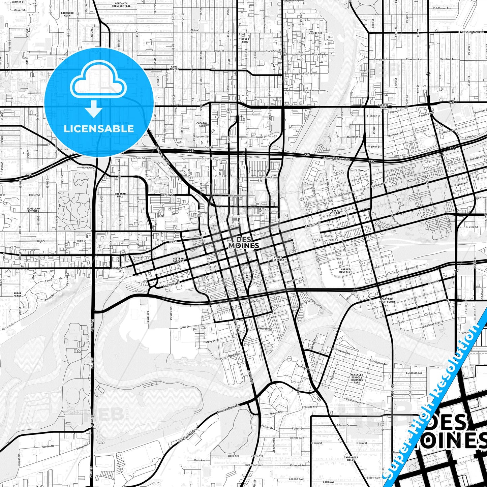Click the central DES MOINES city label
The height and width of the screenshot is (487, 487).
243,243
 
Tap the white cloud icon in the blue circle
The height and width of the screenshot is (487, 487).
98,82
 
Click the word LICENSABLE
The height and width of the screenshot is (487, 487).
99,128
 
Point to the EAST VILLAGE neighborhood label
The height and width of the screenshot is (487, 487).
335,212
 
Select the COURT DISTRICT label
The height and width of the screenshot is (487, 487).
278,258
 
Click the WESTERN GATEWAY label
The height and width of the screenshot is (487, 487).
178,260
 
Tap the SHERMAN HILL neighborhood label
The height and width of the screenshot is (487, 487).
120,195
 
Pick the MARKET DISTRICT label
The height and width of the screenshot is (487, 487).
345,271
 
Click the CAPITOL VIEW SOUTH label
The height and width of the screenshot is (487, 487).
387,300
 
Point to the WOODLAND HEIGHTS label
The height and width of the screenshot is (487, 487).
33,210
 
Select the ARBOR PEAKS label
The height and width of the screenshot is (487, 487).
18,295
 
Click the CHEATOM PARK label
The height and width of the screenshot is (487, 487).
202,125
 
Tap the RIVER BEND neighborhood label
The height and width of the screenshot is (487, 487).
245,40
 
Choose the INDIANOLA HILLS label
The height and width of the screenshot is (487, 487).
349,458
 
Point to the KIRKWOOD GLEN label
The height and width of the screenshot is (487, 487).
67,14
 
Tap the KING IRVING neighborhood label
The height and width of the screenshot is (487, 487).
174,68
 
